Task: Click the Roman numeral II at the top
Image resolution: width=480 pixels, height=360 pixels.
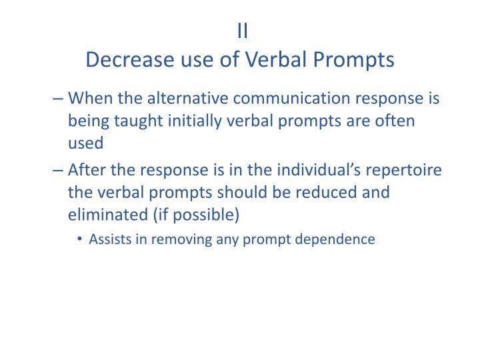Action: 243,31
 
